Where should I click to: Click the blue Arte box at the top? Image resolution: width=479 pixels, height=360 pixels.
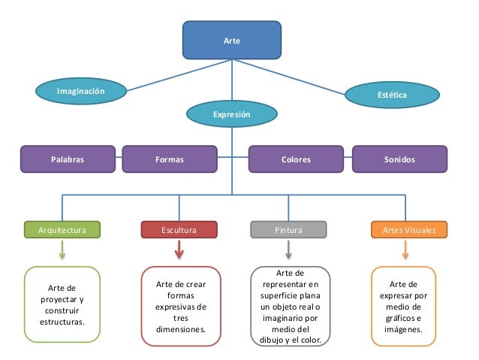[232, 40]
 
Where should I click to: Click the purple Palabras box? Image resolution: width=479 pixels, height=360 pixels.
[68, 159]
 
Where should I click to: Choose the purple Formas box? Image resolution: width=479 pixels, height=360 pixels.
[170, 159]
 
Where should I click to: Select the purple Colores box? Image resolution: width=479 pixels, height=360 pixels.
[296, 159]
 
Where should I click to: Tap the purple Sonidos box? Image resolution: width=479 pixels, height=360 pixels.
[399, 159]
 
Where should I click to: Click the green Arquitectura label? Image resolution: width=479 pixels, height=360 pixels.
[62, 229]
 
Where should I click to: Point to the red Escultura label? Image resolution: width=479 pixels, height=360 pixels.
[179, 229]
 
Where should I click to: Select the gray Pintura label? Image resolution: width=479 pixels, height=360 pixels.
[288, 229]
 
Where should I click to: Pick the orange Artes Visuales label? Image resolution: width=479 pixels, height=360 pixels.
[409, 229]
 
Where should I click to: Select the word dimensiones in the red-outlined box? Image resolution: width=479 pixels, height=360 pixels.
[181, 329]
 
